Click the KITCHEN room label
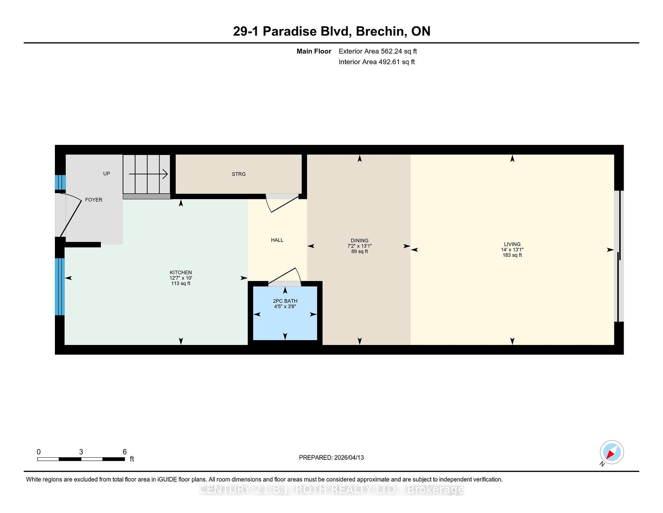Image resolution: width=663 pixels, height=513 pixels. tap(181, 272)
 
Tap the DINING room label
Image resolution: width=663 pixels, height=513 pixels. tap(359, 241)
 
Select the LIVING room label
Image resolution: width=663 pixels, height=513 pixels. tap(512, 244)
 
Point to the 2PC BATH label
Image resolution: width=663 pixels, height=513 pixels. tap(285, 301)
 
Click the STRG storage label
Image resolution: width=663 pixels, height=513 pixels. tap(239, 174)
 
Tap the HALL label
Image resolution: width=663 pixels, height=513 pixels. tap(277, 240)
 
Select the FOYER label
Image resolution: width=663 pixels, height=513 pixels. tap(94, 200)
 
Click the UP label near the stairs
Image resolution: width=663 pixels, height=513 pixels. tap(107, 174)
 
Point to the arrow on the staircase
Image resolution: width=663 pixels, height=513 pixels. tap(148, 174)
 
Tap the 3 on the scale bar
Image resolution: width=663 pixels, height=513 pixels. tap(81, 452)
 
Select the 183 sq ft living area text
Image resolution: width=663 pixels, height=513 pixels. tap(512, 255)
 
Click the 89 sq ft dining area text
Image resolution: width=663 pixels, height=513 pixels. tap(359, 252)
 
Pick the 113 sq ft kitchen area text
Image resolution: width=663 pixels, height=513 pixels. tap(181, 283)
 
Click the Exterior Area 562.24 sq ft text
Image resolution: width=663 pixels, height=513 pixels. tap(378, 52)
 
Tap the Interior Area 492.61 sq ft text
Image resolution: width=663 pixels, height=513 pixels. tap(377, 62)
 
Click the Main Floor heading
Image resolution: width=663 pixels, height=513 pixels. tap(314, 52)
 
